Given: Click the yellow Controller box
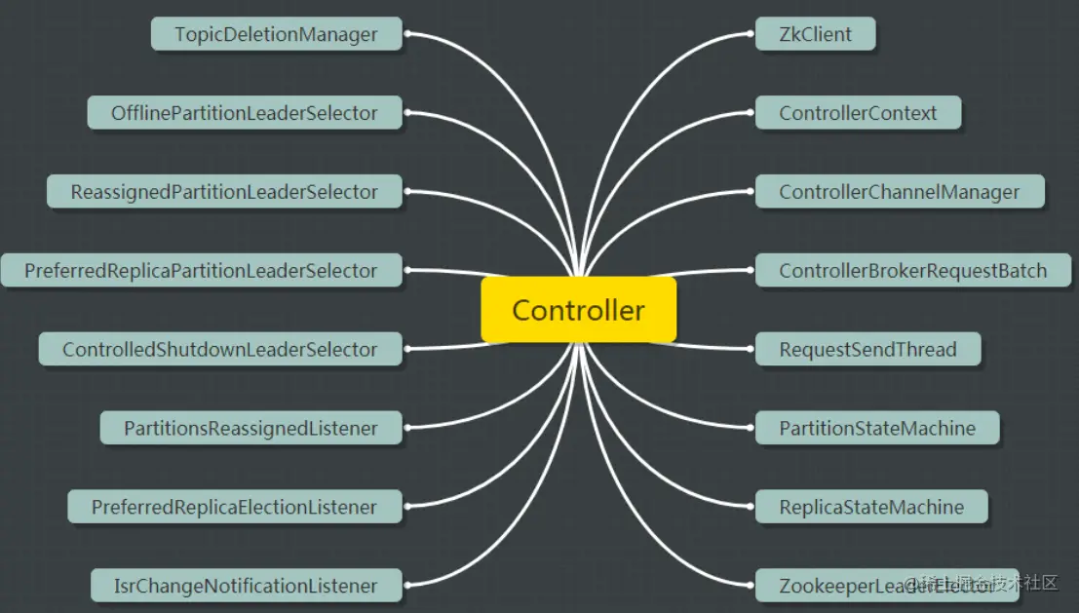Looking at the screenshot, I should pyautogui.click(x=578, y=310).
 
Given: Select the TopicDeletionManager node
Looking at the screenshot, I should pyautogui.click(x=277, y=34).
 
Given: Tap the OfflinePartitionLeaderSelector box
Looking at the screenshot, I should pyautogui.click(x=244, y=113).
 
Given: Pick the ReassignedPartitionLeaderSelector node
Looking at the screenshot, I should pyautogui.click(x=224, y=192).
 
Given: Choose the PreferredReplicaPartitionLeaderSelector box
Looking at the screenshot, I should pyautogui.click(x=201, y=271).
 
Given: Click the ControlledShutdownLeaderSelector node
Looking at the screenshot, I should pyautogui.click(x=220, y=349).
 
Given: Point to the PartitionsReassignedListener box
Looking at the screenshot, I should pyautogui.click(x=250, y=428).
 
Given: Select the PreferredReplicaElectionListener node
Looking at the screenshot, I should pyautogui.click(x=234, y=507).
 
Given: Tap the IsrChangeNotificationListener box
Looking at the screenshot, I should pyautogui.click(x=246, y=586).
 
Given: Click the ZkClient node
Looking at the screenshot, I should pyautogui.click(x=815, y=34).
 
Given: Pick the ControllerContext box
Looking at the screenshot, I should pyautogui.click(x=858, y=113).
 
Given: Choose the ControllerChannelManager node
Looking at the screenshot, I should pyautogui.click(x=900, y=192).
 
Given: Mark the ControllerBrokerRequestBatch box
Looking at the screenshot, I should pyautogui.click(x=913, y=271).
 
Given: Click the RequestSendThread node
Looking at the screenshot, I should pyautogui.click(x=867, y=349).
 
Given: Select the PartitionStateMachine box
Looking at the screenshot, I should pyautogui.click(x=877, y=428).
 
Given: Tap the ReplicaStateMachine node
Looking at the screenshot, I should pyautogui.click(x=871, y=507).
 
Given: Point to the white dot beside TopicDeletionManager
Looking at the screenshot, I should pyautogui.click(x=408, y=34).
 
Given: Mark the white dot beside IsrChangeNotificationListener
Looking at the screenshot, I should pyautogui.click(x=408, y=586).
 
